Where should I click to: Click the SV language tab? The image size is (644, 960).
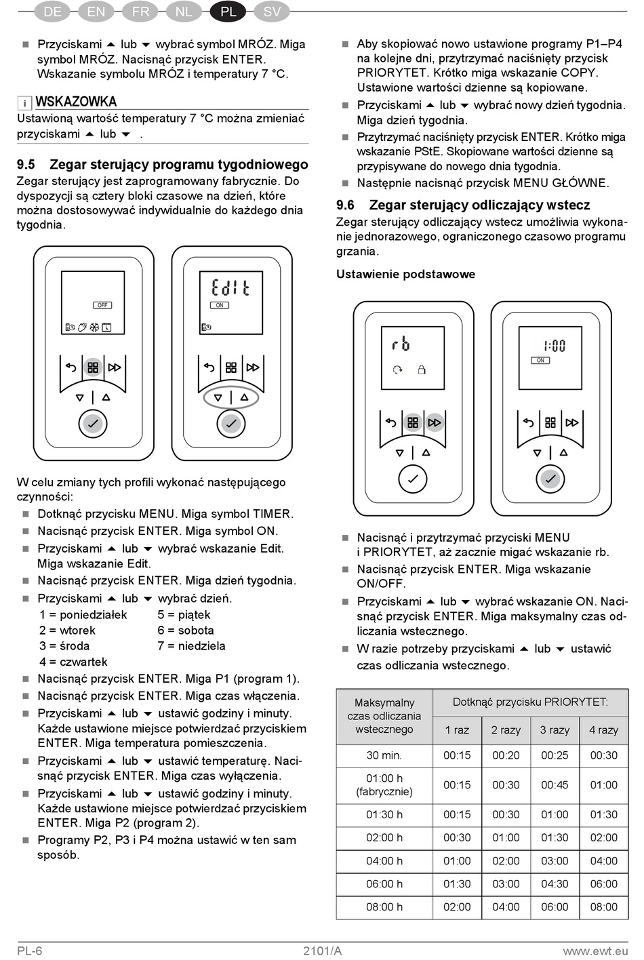(x=272, y=11)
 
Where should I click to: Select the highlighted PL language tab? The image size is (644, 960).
(x=228, y=11)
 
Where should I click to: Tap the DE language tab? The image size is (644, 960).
(x=52, y=11)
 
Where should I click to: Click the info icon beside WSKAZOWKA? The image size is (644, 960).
(x=24, y=103)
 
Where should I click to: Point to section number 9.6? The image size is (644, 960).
(x=345, y=205)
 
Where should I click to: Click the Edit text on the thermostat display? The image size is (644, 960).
(x=230, y=287)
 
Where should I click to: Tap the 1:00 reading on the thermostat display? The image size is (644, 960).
(x=554, y=346)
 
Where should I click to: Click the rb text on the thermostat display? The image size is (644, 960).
(x=401, y=344)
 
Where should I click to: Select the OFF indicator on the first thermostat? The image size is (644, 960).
(x=102, y=305)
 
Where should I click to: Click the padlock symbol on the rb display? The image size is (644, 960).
(x=422, y=369)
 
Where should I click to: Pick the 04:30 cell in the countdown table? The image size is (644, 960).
(x=555, y=884)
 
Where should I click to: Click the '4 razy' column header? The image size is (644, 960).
(x=603, y=730)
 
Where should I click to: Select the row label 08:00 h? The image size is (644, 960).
(x=384, y=907)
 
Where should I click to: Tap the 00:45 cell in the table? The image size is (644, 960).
(x=555, y=785)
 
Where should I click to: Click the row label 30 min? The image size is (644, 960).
(x=384, y=755)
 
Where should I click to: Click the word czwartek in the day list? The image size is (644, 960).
(x=83, y=662)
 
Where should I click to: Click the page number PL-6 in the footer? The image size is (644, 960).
(x=30, y=951)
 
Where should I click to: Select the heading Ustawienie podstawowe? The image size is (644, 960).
(x=405, y=275)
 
